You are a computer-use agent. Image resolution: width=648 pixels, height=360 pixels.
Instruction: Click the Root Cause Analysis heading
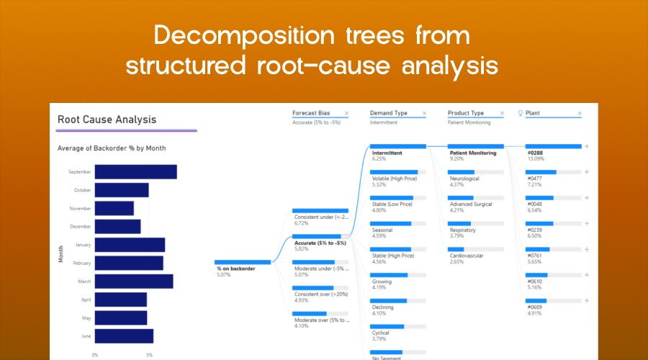[107, 120]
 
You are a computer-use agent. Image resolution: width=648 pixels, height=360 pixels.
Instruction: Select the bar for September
[135, 172]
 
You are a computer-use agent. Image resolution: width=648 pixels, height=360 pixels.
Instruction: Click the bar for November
[114, 208]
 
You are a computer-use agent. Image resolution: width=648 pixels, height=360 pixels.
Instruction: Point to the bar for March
[133, 281]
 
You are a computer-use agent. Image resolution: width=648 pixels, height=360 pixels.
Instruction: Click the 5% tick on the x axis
[149, 355]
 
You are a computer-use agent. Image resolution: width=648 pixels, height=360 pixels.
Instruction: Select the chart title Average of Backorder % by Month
[112, 148]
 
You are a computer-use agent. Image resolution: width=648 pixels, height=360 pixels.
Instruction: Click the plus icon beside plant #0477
[587, 172]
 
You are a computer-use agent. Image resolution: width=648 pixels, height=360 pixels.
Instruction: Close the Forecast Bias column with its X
[346, 114]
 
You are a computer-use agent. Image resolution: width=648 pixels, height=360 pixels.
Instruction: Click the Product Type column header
[466, 113]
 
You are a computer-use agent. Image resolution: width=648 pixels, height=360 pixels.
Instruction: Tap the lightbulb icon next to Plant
[521, 113]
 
